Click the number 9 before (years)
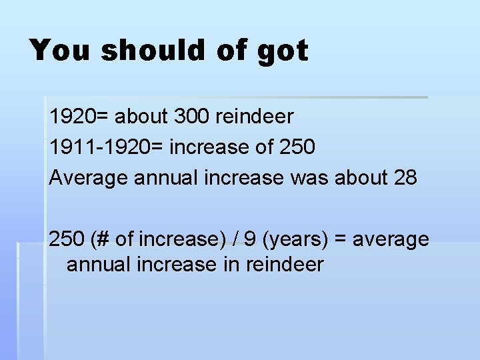pos(249,238)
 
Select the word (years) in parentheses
pos(289,239)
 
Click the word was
pos(315,177)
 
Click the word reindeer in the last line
pos(285,264)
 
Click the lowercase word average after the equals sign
pos(391,239)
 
